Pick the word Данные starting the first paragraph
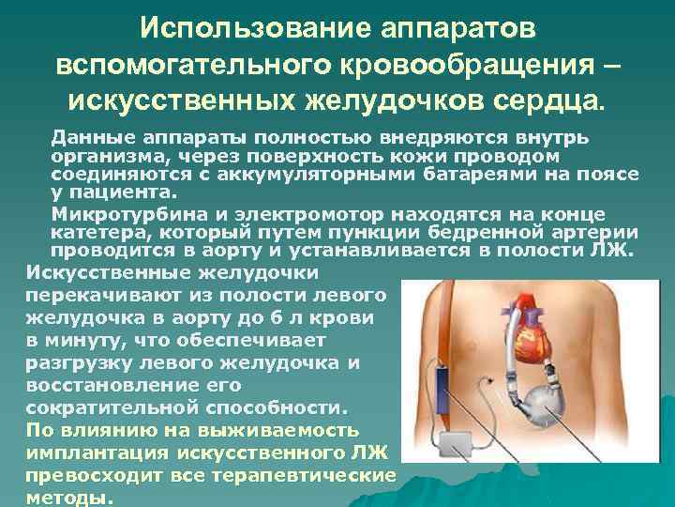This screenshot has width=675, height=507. tap(90, 138)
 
